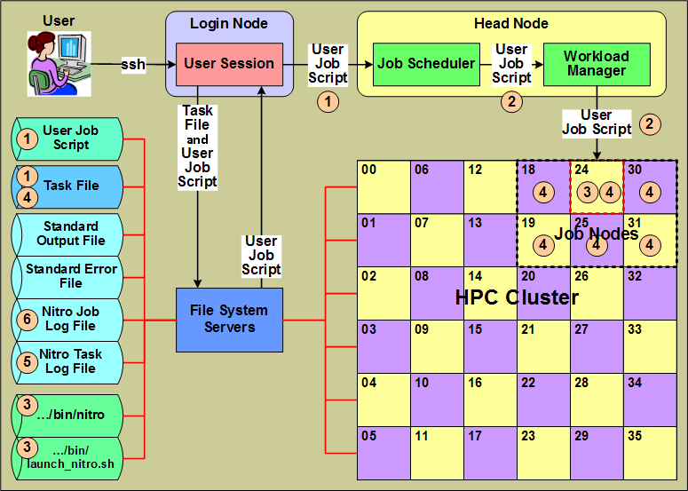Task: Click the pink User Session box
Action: point(229,64)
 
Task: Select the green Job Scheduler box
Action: point(426,64)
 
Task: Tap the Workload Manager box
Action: point(596,64)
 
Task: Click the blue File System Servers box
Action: point(229,320)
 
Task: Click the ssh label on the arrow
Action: point(134,64)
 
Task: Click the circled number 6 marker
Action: point(28,319)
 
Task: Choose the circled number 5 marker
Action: point(28,361)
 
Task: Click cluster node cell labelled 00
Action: point(384,186)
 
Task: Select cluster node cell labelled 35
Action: point(650,453)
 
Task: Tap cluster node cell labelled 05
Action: point(384,453)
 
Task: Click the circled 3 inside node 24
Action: point(585,191)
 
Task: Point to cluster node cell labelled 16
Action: point(490,400)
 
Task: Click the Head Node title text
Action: point(511,24)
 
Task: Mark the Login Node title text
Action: point(229,24)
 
